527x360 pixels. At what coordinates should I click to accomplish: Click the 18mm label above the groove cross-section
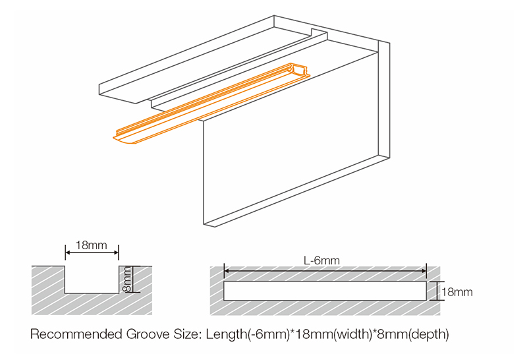(92, 245)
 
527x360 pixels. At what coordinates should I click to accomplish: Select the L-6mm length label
(321, 261)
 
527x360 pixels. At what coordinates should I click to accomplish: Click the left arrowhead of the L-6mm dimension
(227, 270)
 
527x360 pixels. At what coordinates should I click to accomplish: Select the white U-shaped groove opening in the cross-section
(92, 280)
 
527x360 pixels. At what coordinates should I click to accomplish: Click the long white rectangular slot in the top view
(325, 291)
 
